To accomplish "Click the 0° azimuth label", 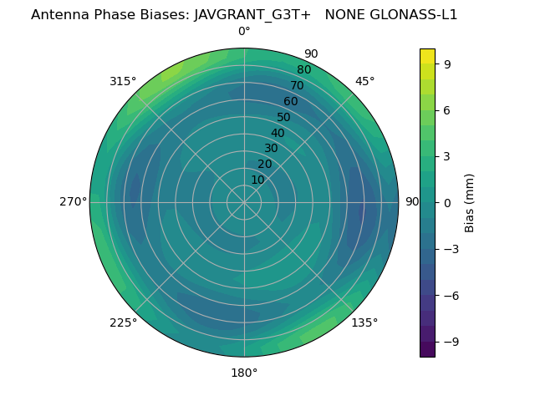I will tap(244, 32).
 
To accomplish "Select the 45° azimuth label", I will tap(364, 81).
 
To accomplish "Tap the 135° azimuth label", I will tap(364, 322).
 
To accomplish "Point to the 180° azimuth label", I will tap(244, 373).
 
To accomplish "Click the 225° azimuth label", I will tap(123, 322).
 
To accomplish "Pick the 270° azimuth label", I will tap(74, 202).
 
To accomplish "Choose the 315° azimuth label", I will tap(123, 81).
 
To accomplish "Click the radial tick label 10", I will tap(258, 180).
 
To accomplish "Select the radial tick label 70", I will tap(298, 85).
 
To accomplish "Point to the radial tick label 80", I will tap(304, 70).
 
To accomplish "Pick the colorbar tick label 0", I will tap(448, 203).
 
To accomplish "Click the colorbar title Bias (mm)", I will tap(470, 203).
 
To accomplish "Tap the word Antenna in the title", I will tap(57, 15).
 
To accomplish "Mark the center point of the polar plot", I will tap(244, 202).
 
